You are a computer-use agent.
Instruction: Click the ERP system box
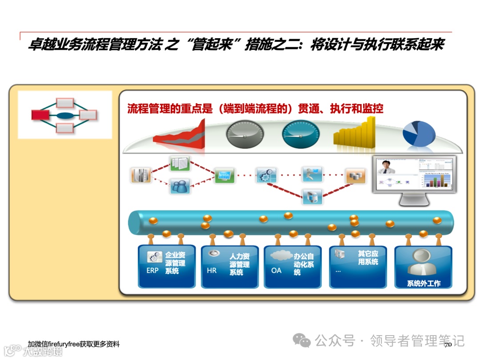tap(167, 266)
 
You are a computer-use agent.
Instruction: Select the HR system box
tap(229, 266)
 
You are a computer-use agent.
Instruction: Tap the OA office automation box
tap(292, 266)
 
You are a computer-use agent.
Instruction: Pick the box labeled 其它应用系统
tap(358, 266)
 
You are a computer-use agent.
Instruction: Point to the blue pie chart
tap(418, 132)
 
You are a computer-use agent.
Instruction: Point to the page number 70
tap(448, 344)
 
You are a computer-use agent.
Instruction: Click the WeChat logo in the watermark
tap(304, 341)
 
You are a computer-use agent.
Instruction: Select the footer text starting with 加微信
tap(73, 344)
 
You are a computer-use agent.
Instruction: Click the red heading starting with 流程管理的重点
tap(255, 108)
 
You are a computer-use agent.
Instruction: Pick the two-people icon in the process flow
tap(180, 186)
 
